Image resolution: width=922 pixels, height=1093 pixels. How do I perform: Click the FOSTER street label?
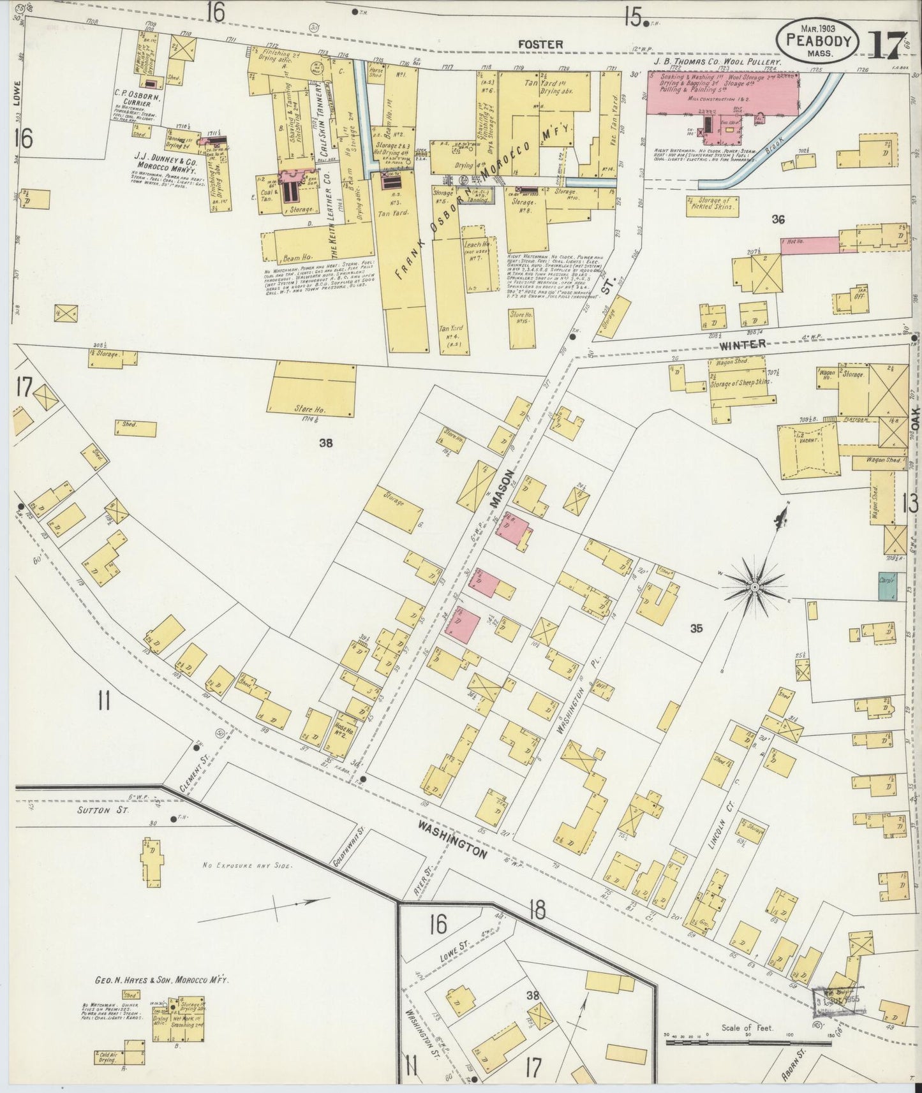(531, 44)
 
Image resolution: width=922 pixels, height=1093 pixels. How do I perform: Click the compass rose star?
(754, 585)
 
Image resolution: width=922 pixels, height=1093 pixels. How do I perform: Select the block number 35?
(695, 628)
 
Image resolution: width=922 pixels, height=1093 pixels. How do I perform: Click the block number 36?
(777, 220)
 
